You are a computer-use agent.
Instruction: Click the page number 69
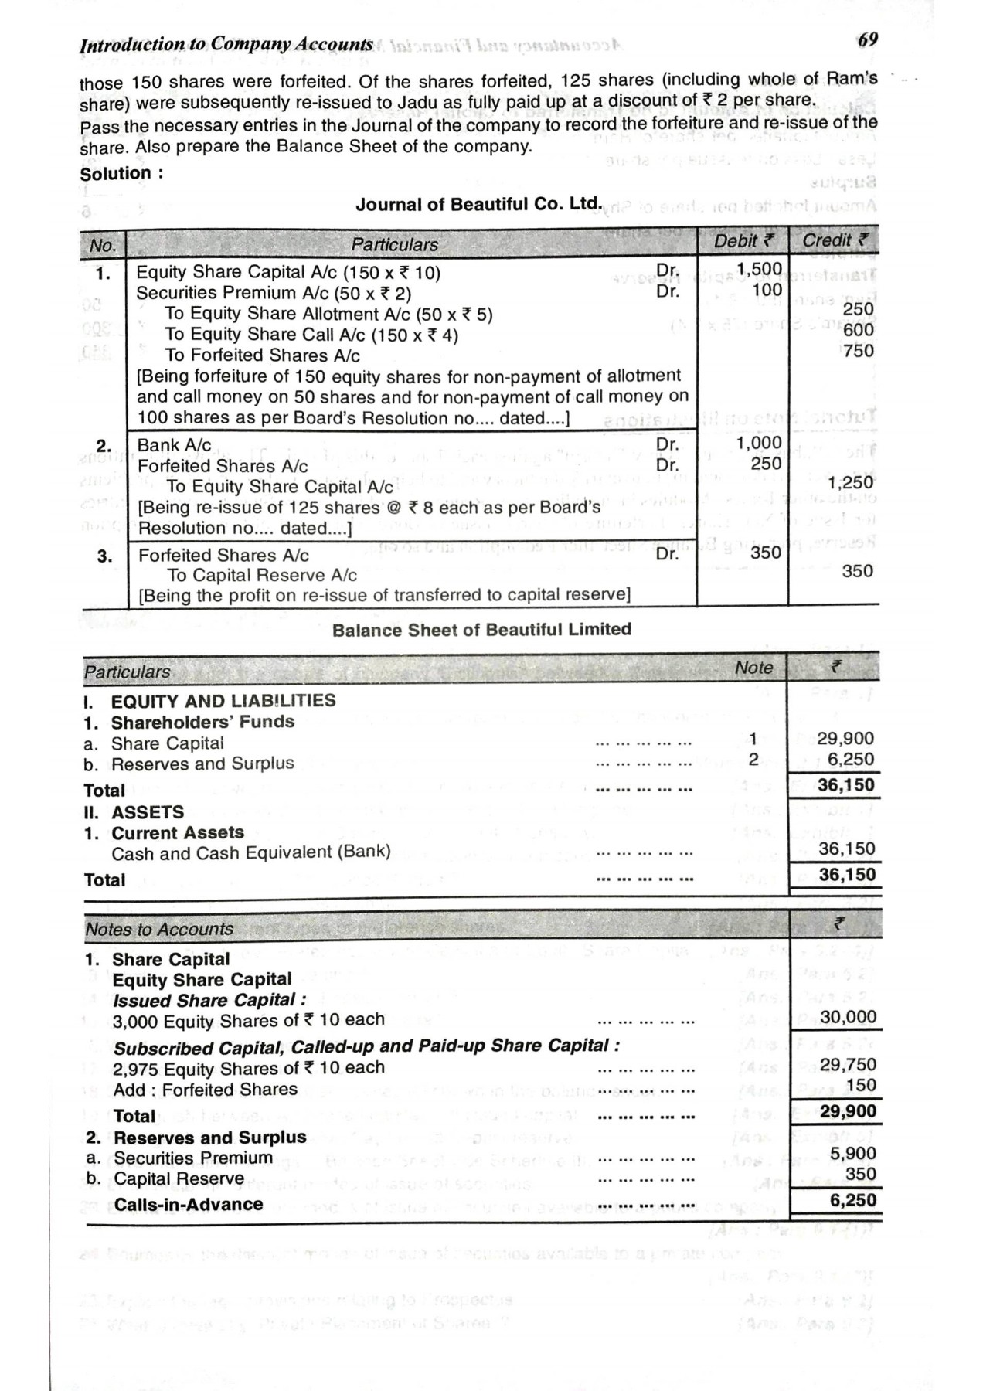click(867, 39)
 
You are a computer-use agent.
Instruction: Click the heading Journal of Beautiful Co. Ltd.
click(478, 204)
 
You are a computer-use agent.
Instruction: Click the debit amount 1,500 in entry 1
click(759, 269)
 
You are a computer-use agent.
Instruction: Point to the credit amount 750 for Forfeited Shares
click(859, 351)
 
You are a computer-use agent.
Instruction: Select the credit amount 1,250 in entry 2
click(850, 483)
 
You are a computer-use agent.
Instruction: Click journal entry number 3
click(104, 556)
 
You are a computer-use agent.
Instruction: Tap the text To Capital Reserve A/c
click(262, 575)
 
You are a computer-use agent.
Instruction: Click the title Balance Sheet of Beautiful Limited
click(481, 630)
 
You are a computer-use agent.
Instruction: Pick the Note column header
click(753, 668)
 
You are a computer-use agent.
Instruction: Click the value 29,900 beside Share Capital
click(845, 738)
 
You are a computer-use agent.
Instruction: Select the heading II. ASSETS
click(134, 812)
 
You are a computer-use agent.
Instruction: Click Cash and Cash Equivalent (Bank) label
click(251, 853)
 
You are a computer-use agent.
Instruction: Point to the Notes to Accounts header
click(159, 930)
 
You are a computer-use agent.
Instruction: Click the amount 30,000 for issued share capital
click(848, 1018)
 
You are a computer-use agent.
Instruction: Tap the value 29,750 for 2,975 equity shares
click(848, 1065)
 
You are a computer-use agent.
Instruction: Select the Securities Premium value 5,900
click(852, 1153)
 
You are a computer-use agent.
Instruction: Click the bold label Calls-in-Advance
click(189, 1204)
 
